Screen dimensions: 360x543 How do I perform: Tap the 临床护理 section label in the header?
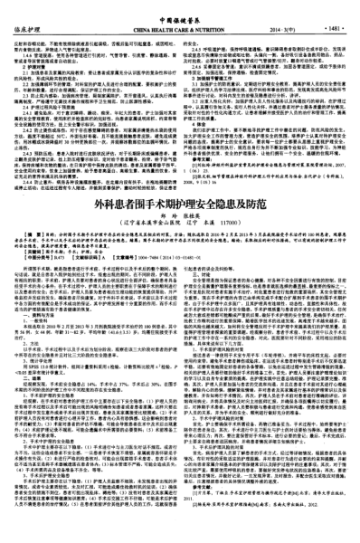coord(32,27)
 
